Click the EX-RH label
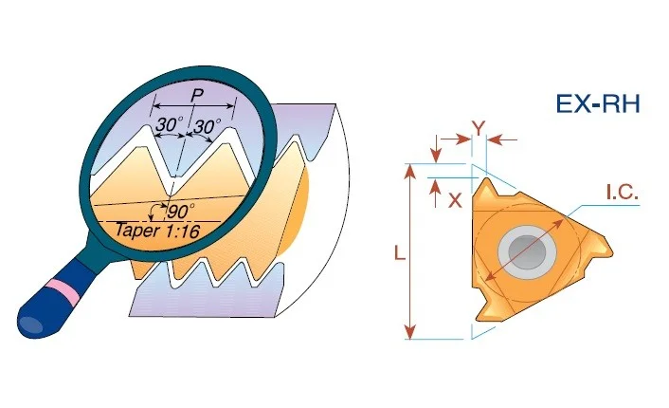click(x=598, y=104)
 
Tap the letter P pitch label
click(x=196, y=95)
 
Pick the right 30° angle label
click(x=208, y=126)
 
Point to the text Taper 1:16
click(x=157, y=231)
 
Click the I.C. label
click(x=623, y=194)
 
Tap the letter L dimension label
click(x=399, y=253)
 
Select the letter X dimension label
click(x=455, y=199)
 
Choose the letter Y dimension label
click(x=479, y=128)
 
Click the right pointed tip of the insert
click(x=612, y=253)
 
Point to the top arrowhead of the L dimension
click(x=409, y=170)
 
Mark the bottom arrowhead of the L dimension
click(x=409, y=332)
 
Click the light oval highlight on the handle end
click(x=31, y=325)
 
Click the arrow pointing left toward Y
click(x=502, y=139)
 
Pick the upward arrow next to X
click(x=435, y=194)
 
